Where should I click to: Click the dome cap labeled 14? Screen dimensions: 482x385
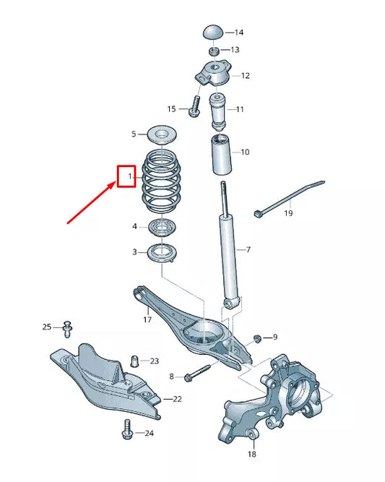pyautogui.click(x=212, y=33)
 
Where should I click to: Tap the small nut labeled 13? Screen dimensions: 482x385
pyautogui.click(x=214, y=51)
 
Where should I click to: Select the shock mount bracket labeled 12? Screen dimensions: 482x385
pyautogui.click(x=212, y=75)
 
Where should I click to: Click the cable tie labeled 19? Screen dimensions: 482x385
pyautogui.click(x=289, y=196)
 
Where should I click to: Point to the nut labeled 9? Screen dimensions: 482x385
pyautogui.click(x=258, y=338)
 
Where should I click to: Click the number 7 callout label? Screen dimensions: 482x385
pyautogui.click(x=248, y=250)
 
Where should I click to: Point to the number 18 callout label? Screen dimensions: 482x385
pyautogui.click(x=251, y=455)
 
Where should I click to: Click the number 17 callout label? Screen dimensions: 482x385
pyautogui.click(x=147, y=319)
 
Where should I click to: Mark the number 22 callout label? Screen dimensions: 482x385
pyautogui.click(x=178, y=398)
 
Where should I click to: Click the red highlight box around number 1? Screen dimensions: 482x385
pyautogui.click(x=127, y=176)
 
